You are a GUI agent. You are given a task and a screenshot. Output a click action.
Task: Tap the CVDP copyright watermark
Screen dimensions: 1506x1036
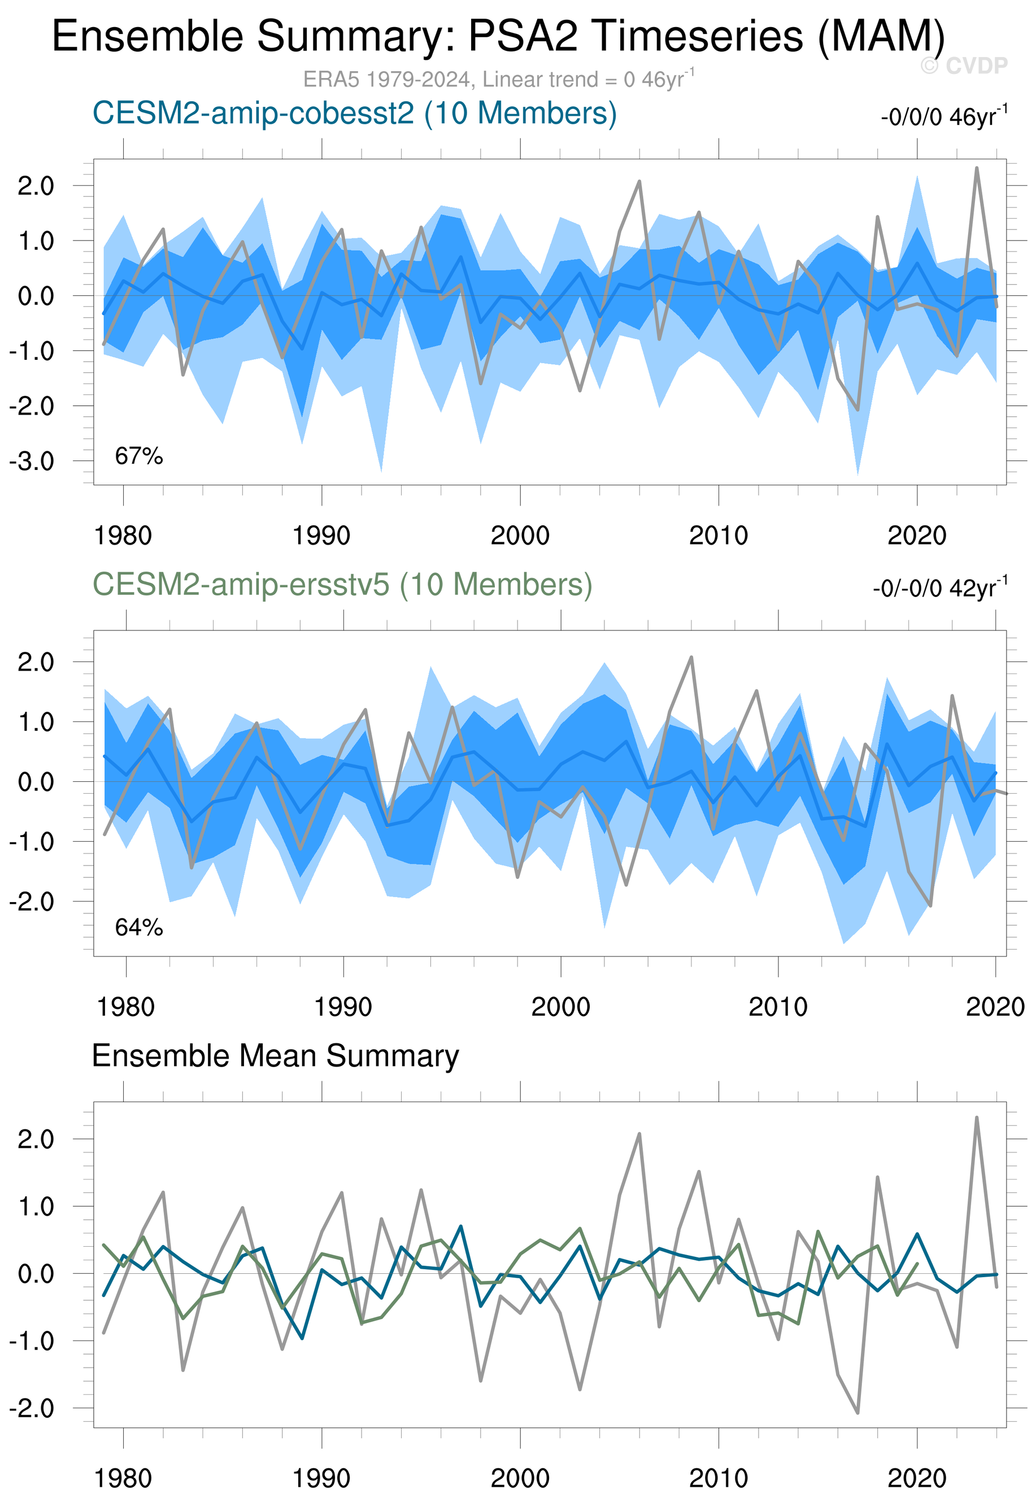[964, 66]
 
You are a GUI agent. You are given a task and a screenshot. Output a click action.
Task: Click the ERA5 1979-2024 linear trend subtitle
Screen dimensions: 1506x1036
[499, 79]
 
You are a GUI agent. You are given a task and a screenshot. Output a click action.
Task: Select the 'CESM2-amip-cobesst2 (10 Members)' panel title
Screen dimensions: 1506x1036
[354, 114]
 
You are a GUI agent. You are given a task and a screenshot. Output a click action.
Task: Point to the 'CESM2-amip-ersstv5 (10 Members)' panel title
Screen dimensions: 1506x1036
[342, 585]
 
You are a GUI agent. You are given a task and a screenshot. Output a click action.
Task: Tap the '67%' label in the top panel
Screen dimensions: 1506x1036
[139, 456]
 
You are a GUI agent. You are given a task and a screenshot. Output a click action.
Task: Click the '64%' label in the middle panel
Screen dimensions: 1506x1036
[139, 928]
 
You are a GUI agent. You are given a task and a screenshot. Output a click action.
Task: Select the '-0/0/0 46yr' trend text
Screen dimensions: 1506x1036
[944, 117]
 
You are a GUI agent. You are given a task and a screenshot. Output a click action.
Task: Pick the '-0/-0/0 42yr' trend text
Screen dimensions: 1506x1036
[940, 588]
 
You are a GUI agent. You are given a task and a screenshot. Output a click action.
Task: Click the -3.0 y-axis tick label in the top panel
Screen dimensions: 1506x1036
[32, 462]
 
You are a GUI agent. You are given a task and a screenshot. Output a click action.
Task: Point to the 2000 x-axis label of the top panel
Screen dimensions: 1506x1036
[520, 536]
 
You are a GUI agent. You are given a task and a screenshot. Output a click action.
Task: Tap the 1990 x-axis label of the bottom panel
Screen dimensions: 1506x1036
[321, 1479]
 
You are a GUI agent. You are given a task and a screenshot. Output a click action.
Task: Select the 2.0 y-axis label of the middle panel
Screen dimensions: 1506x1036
[36, 662]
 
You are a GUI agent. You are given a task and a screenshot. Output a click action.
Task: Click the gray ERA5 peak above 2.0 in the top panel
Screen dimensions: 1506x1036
[976, 168]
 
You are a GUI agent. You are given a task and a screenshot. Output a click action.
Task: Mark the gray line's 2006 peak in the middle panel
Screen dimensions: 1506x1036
[691, 657]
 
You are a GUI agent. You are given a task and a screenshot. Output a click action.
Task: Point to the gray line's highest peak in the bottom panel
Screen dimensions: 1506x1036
[976, 1118]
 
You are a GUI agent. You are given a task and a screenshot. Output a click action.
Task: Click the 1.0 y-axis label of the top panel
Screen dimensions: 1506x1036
[36, 241]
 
